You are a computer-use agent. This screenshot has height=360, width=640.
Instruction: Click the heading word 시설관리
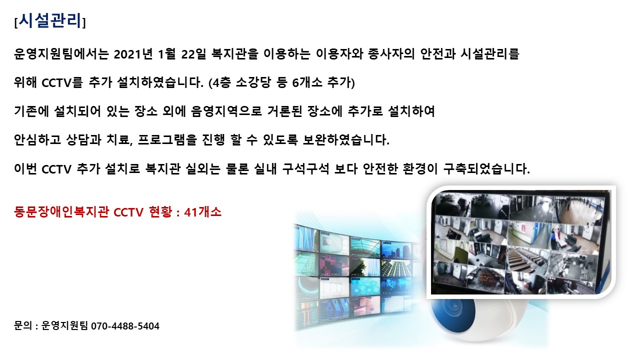(x=50, y=20)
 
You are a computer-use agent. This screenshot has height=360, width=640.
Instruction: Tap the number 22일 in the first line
(x=193, y=54)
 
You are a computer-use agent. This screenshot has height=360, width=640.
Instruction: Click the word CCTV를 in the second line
(x=62, y=82)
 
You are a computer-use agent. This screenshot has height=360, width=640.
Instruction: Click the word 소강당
(x=253, y=82)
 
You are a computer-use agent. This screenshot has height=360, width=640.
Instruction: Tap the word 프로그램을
(x=167, y=139)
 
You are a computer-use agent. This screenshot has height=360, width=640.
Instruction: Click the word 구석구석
(x=305, y=168)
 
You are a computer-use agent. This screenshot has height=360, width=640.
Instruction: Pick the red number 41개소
(x=203, y=212)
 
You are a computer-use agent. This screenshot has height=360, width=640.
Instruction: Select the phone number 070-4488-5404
(x=125, y=326)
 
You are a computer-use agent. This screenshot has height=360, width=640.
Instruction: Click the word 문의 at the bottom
(x=23, y=325)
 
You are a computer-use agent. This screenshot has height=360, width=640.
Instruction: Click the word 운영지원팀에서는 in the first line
(x=61, y=54)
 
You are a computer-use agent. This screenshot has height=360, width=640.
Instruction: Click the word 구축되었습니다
(x=486, y=168)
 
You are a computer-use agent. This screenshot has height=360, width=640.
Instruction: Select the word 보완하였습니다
(x=346, y=139)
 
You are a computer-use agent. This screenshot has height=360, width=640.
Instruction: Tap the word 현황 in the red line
(x=160, y=212)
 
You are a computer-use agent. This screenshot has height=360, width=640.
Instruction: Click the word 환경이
(x=420, y=168)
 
